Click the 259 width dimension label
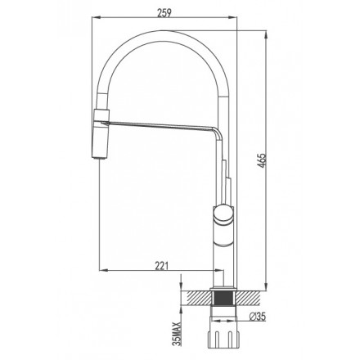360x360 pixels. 164,12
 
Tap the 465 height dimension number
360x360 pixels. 261,160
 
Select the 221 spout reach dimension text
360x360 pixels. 161,265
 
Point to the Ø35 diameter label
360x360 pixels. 257,317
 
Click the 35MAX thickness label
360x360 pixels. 178,334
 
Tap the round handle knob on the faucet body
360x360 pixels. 223,214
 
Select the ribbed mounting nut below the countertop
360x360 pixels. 223,335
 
